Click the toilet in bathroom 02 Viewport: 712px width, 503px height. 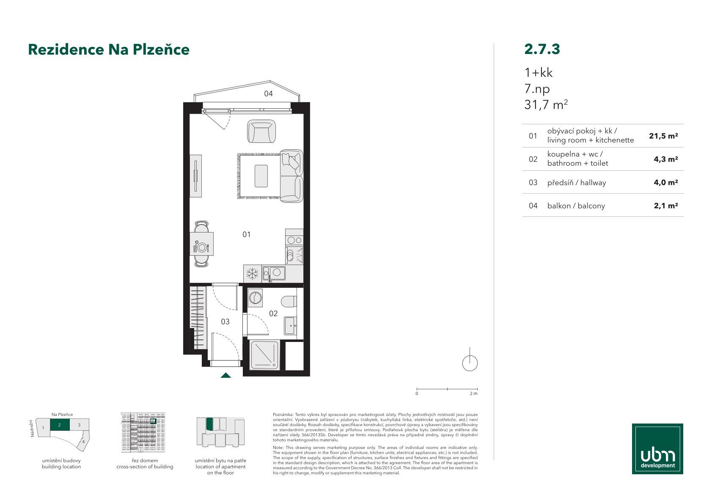tap(289, 302)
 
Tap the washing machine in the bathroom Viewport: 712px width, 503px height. tap(255, 298)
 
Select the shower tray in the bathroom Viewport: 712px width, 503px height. tap(265, 355)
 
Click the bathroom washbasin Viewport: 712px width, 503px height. tap(291, 325)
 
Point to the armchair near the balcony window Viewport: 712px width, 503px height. tap(261, 131)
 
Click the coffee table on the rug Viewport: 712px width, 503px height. tap(261, 175)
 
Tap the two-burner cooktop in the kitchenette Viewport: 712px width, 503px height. tap(294, 241)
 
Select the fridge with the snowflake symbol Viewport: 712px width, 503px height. tap(253, 274)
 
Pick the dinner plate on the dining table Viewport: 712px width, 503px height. tap(201, 247)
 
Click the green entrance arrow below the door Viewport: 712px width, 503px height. tap(225, 375)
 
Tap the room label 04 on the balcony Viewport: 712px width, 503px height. tap(269, 93)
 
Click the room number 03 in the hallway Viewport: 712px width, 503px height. tap(225, 322)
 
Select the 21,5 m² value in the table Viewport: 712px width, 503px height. tap(663, 136)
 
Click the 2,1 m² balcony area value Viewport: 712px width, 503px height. tap(666, 206)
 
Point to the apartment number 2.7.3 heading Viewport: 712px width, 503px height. tap(542, 49)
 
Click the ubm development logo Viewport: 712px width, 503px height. tap(657, 449)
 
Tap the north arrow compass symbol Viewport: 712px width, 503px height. tap(470, 361)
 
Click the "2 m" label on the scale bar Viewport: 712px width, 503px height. tap(473, 394)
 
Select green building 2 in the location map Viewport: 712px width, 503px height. tap(60, 425)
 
